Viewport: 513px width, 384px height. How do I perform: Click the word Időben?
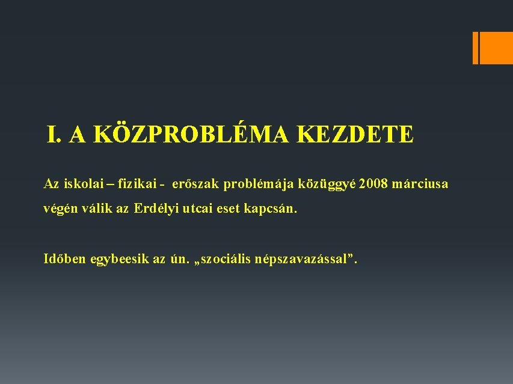(x=66, y=259)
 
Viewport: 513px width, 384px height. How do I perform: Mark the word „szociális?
(x=224, y=259)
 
